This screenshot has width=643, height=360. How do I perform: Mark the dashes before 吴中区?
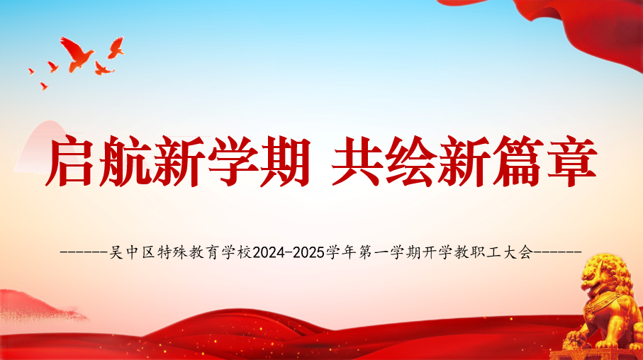(x=85, y=252)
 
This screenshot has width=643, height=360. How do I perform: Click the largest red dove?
(x=77, y=53)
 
